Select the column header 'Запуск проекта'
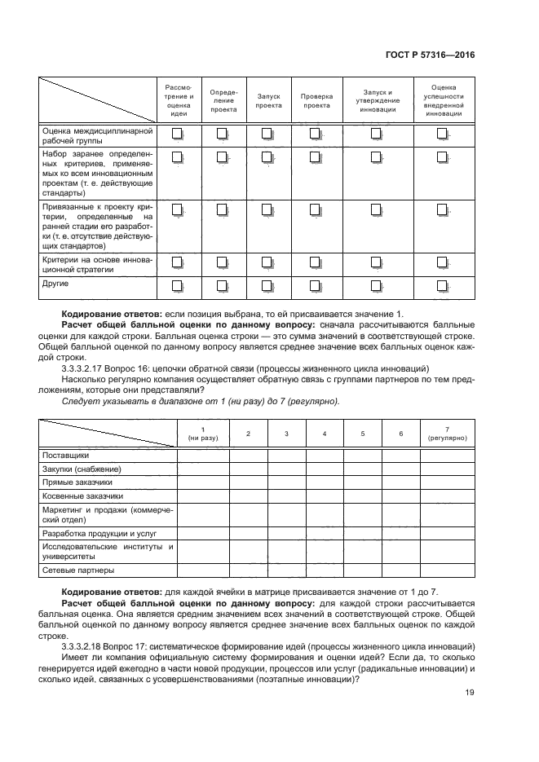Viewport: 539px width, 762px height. click(x=268, y=99)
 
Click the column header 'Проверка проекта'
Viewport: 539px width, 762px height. click(x=315, y=99)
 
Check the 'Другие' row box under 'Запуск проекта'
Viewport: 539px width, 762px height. click(x=268, y=285)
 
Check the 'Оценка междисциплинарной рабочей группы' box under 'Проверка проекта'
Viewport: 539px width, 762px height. click(x=315, y=134)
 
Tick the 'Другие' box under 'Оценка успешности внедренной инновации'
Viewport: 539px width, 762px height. click(x=443, y=285)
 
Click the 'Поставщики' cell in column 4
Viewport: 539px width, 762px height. click(x=325, y=456)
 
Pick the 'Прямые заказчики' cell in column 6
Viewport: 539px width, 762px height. click(x=400, y=482)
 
